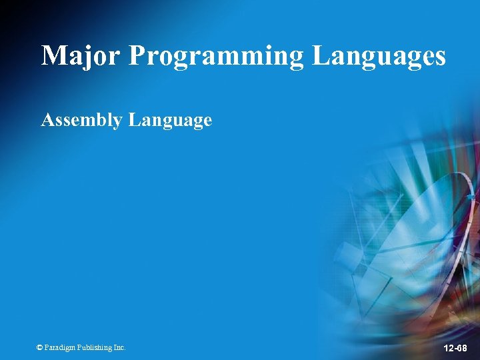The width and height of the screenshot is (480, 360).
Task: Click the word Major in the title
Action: [80, 55]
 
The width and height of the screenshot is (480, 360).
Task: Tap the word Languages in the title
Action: [379, 57]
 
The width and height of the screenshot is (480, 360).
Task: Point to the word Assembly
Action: [82, 121]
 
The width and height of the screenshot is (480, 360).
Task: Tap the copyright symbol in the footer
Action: [39, 347]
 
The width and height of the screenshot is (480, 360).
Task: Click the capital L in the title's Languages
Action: [321, 55]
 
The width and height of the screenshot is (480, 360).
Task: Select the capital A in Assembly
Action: [47, 120]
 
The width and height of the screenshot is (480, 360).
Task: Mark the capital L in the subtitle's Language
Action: [134, 120]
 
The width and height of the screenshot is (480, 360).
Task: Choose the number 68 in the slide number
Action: [462, 349]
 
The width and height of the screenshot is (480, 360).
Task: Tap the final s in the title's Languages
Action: [439, 58]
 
